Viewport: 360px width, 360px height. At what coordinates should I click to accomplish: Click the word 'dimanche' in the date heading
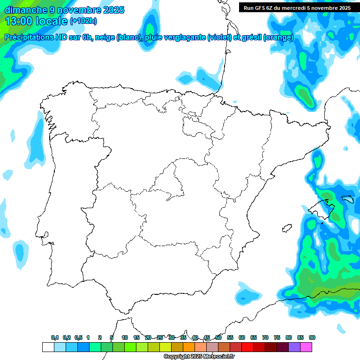point(26,9)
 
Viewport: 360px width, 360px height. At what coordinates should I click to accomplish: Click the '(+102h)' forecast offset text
point(83,21)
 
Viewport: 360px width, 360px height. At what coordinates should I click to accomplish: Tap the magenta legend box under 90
point(306,347)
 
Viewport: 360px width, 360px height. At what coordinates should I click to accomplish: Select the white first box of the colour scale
point(48,347)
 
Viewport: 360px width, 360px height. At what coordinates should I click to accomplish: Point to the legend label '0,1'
point(55,338)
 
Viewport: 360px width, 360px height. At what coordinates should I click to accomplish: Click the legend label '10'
point(125,338)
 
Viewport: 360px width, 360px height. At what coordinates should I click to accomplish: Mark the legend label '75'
point(277,338)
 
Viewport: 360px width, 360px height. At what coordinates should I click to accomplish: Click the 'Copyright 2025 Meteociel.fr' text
point(199,357)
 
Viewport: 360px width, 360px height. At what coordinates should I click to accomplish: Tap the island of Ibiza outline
point(286,228)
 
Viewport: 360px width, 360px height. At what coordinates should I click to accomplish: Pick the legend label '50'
point(218,338)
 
